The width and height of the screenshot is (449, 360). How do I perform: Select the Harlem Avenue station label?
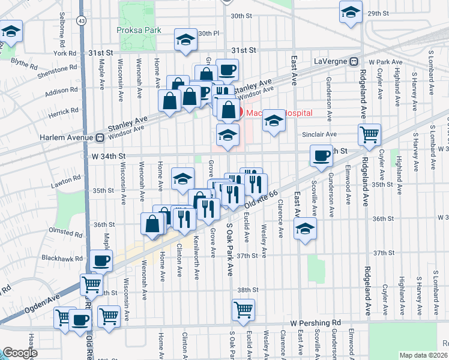pos(64,137)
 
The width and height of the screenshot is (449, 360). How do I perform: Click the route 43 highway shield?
pos(80,20)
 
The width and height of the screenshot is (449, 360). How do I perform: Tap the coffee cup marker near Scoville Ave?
pos(321,155)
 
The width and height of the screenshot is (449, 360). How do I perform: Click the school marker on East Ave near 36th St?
pos(305,229)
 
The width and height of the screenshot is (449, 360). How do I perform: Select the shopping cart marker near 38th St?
pos(244,310)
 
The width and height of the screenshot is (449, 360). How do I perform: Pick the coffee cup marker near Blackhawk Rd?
pos(100,261)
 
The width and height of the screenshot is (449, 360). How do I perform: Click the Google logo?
pos(20,353)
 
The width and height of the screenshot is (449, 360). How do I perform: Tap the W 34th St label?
pos(108,156)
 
